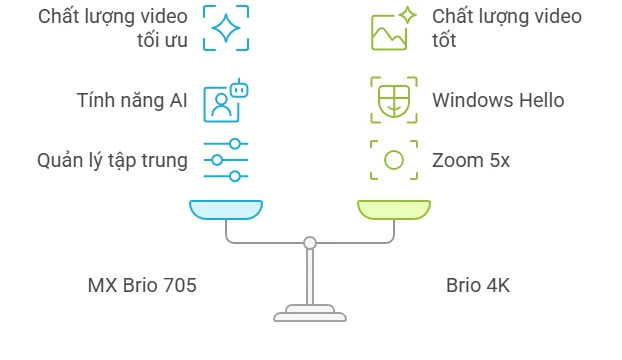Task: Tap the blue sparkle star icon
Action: (225, 28)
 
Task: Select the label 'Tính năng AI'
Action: (132, 100)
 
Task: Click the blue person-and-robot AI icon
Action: (225, 100)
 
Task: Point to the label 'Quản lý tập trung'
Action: (112, 160)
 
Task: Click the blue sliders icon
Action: (225, 160)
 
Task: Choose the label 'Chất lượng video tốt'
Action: (506, 29)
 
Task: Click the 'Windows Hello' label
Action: (498, 100)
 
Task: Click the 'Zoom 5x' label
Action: (471, 160)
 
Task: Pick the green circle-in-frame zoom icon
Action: (394, 160)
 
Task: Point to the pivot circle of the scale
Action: (310, 242)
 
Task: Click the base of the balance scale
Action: (310, 314)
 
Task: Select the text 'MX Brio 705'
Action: (142, 286)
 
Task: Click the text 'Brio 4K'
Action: (478, 286)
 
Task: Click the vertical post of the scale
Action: (310, 275)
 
